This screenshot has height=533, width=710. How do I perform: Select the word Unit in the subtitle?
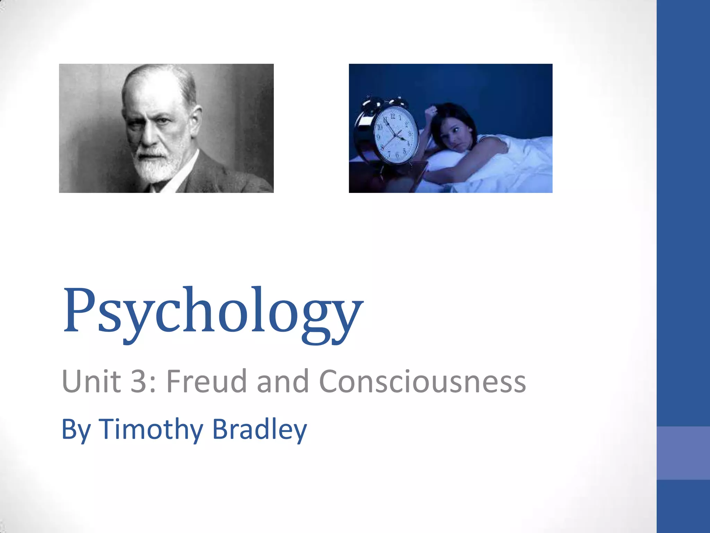(x=91, y=382)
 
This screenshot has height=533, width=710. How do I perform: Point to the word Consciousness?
(x=422, y=382)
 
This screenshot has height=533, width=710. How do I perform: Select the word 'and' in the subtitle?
(x=282, y=382)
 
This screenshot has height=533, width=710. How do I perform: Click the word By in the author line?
(x=76, y=430)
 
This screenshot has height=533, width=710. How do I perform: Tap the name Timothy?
(x=151, y=429)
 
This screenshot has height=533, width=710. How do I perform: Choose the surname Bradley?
(x=259, y=429)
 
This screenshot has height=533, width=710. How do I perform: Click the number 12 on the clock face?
(x=393, y=116)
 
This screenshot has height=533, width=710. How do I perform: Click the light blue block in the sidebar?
(x=683, y=453)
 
